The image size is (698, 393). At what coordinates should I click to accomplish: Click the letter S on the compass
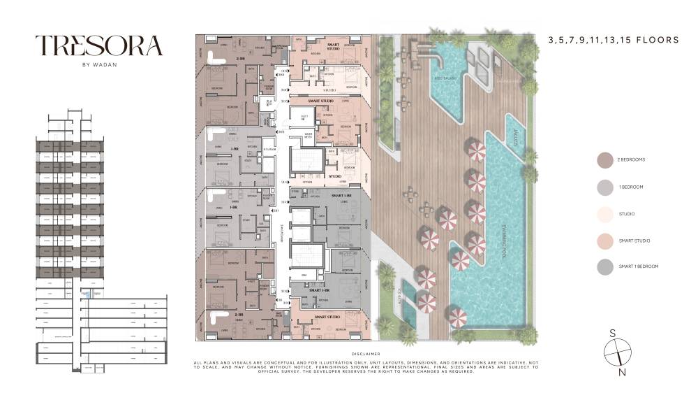tap(612, 333)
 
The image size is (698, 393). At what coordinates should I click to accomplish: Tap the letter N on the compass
tap(623, 372)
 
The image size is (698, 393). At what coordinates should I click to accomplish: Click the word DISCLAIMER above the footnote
tap(366, 355)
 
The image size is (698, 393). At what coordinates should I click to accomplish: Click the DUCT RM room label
tap(304, 116)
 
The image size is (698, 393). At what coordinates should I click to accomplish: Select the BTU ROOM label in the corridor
tap(271, 149)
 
